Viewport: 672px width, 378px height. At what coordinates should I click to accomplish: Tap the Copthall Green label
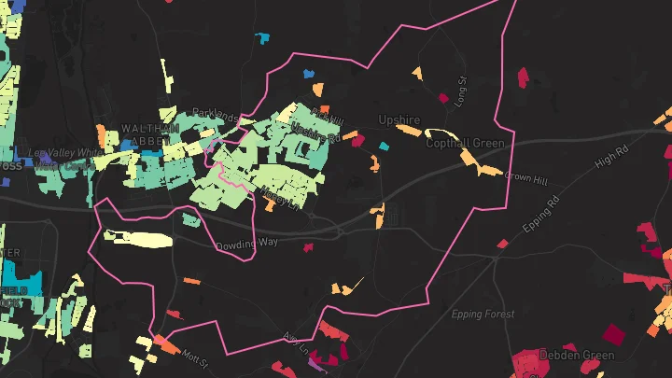point(465,143)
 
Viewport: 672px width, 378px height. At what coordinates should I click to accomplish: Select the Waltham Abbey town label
point(149,133)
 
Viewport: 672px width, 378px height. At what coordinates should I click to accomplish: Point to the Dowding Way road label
point(247,244)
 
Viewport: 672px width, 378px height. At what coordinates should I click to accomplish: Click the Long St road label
point(460,91)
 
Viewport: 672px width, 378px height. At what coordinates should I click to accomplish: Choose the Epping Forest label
point(483,315)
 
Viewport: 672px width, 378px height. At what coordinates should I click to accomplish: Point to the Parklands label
point(215,113)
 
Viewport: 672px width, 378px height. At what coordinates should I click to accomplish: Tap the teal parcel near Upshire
point(384,147)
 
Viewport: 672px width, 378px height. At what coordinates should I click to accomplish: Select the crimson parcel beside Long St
point(442,97)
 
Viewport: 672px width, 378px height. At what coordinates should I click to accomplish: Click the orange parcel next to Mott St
point(167,344)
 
